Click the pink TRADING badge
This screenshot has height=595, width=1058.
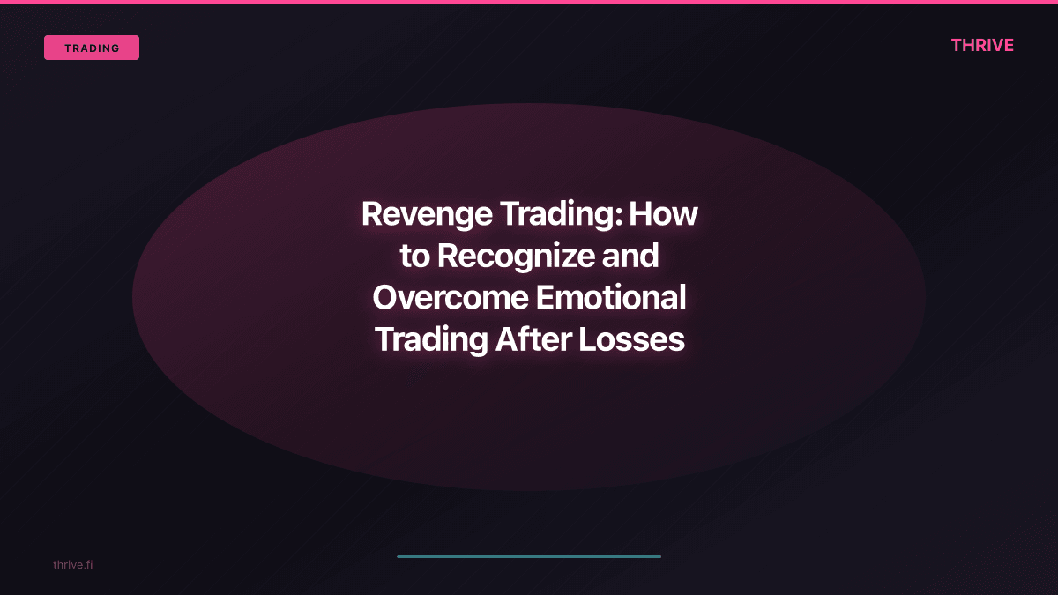pyautogui.click(x=92, y=48)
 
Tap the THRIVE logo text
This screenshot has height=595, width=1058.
pyautogui.click(x=982, y=45)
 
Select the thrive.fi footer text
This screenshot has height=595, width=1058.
pyautogui.click(x=72, y=564)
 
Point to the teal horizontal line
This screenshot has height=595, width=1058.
pyautogui.click(x=529, y=556)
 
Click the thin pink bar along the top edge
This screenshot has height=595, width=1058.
pyautogui.click(x=529, y=2)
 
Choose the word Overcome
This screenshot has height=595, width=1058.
pyautogui.click(x=449, y=298)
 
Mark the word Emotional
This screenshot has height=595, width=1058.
pyautogui.click(x=611, y=298)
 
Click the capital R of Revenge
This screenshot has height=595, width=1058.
pyautogui.click(x=370, y=214)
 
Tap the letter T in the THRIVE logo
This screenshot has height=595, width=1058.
pyautogui.click(x=957, y=45)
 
